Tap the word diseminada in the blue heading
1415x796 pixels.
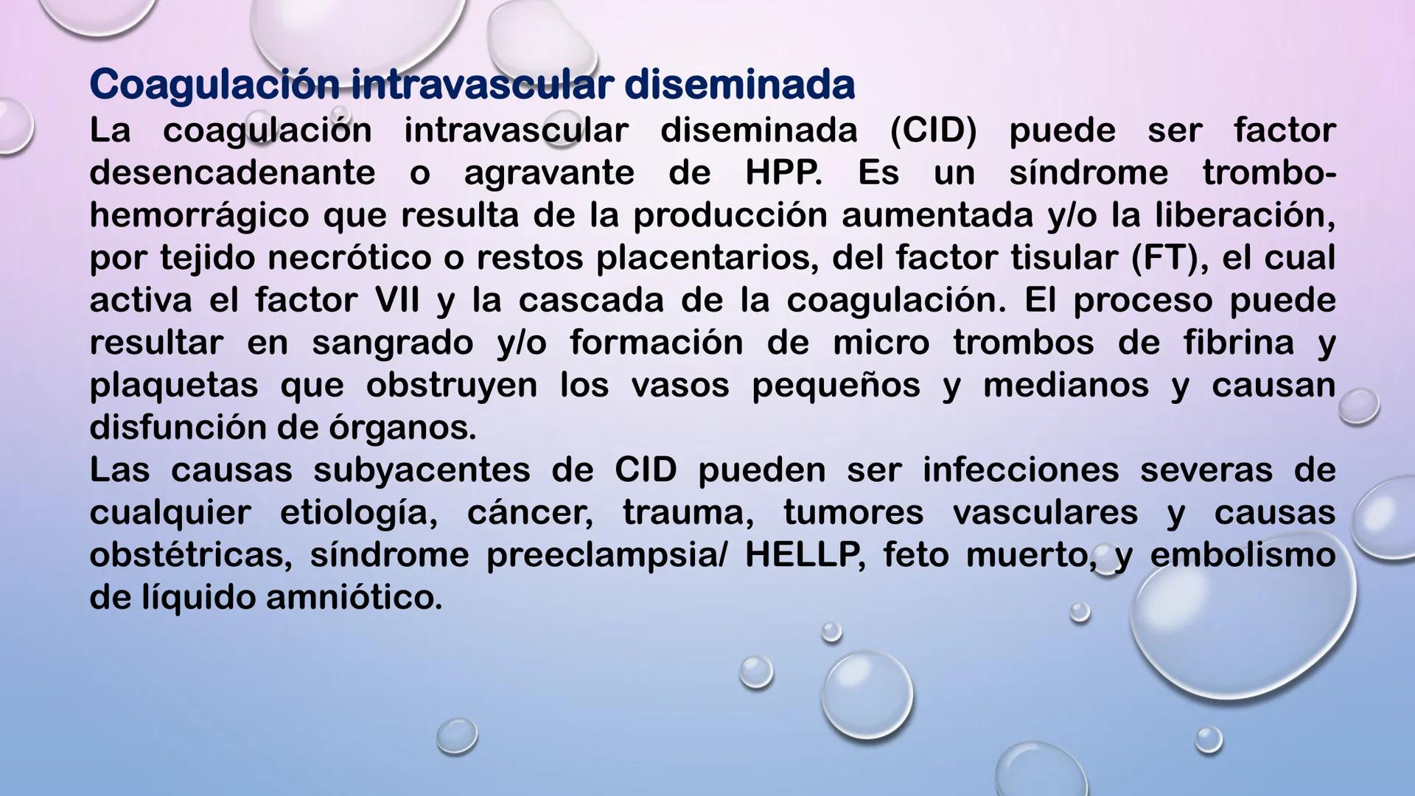point(738,85)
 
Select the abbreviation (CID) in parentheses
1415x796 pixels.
point(933,131)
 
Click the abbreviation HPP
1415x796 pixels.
point(783,173)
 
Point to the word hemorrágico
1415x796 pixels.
point(199,216)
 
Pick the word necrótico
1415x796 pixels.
point(349,258)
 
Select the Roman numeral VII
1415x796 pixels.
point(397,300)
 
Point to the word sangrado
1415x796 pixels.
point(392,343)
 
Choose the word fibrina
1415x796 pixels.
point(1239,343)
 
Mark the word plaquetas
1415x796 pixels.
point(173,385)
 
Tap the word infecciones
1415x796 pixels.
point(1021,470)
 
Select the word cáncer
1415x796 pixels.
point(530,512)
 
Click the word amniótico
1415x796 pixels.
point(354,597)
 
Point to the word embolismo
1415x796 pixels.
point(1243,555)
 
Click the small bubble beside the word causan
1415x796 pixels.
point(1358,405)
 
